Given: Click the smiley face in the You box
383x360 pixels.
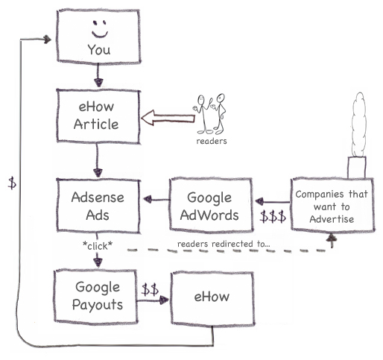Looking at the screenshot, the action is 100,29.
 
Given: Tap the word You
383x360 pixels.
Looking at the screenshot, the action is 99,50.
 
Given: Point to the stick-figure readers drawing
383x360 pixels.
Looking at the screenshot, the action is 210,113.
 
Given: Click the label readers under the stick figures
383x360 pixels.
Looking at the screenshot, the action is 212,141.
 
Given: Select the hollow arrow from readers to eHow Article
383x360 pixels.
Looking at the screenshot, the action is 168,117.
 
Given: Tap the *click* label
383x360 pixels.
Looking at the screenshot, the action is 98,246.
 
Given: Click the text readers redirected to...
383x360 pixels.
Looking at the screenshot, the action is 224,244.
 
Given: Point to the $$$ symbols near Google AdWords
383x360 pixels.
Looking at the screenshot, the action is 273,216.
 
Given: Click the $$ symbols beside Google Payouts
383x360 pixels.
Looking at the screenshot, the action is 150,289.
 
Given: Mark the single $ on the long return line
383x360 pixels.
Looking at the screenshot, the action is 12,183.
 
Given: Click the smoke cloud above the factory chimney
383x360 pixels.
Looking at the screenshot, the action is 359,124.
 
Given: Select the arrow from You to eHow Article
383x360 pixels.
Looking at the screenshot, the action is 98,75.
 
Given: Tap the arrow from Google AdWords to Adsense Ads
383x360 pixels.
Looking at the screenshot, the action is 156,199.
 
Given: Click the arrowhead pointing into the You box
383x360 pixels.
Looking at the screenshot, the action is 47,40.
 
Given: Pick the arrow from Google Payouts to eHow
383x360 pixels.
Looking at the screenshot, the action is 153,300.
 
